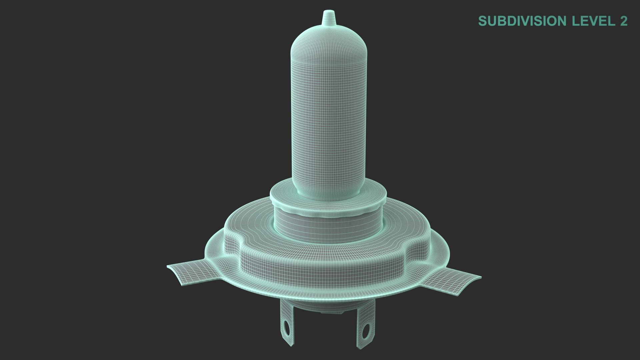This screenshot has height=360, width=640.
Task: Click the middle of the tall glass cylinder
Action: [x=329, y=113]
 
